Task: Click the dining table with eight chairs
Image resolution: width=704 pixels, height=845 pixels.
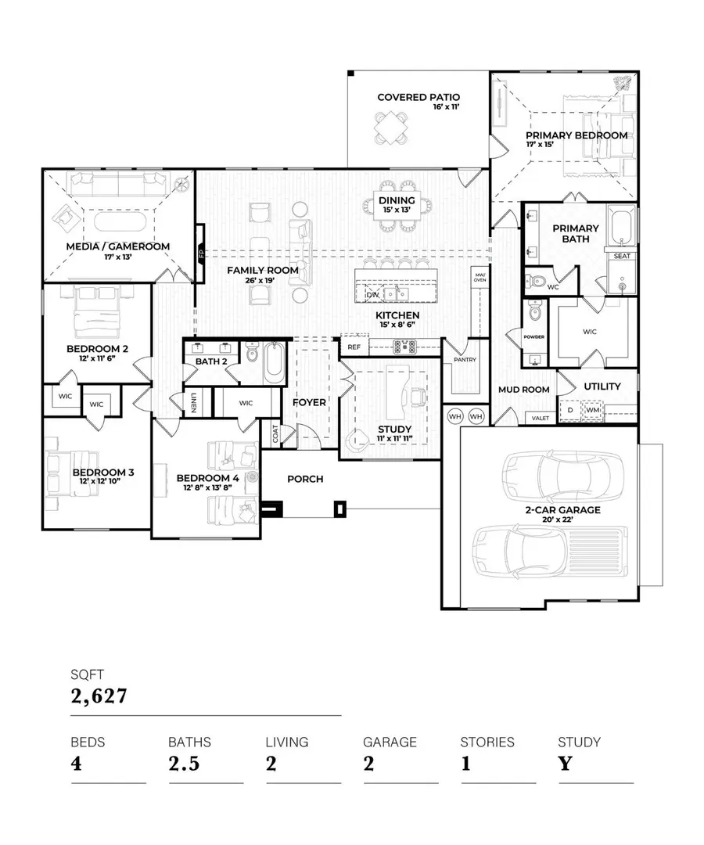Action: coord(397,205)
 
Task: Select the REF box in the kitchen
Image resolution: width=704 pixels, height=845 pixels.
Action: coord(354,347)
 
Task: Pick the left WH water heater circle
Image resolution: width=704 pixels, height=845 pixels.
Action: coord(455,416)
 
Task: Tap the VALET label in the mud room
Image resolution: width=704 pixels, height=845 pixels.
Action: coord(541,418)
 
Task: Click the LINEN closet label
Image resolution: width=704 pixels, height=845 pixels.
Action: coord(192,402)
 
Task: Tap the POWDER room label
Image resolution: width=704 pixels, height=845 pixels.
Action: coord(534,337)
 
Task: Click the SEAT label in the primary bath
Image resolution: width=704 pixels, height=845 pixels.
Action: coord(622,256)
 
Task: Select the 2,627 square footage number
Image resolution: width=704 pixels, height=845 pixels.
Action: coord(99,695)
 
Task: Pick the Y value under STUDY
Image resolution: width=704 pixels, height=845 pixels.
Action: coord(565,763)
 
